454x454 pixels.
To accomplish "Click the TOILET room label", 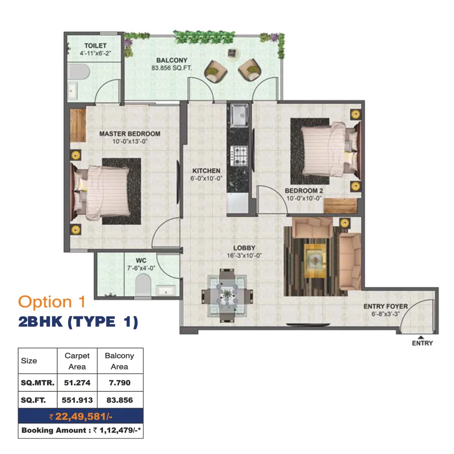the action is coord(95,46).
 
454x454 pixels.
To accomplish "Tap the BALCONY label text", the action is coord(172,60).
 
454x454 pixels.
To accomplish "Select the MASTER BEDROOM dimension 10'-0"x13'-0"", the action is coord(130,141).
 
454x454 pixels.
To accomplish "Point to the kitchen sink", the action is coord(239,115).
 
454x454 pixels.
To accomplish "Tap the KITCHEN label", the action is coord(207,171).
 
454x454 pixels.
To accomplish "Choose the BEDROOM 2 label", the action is coord(304,191).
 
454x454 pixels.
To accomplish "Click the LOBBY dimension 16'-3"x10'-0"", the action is coord(244,255).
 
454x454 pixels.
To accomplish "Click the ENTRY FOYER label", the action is coord(385,306).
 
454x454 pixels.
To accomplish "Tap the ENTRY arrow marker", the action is coord(421,337).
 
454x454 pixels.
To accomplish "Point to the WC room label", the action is coord(141,261).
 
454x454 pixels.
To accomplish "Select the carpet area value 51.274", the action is coord(77,383).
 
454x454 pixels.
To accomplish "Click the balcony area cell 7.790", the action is coord(119,383).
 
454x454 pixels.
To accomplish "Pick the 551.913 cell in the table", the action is coord(77,400).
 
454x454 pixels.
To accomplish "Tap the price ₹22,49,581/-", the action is coord(81,416).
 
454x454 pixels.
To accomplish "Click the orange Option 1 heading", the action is coord(52,302).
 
